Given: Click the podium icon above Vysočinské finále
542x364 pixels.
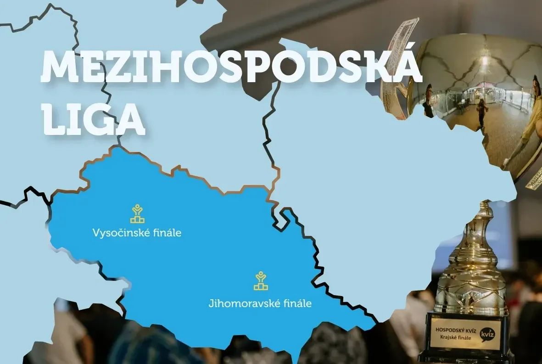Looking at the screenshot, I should click(137, 214).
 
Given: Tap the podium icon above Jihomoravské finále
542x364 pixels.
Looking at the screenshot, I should click(261, 281).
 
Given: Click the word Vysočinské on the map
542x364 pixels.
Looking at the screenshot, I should click(116, 233).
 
